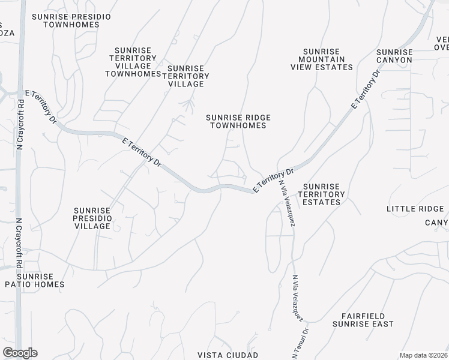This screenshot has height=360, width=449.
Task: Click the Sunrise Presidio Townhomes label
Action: [x=71, y=22]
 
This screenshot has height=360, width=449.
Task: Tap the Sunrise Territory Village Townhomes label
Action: [x=133, y=62]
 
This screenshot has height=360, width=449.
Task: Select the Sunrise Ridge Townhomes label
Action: [x=238, y=121]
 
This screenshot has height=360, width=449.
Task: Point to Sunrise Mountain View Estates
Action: [x=322, y=59]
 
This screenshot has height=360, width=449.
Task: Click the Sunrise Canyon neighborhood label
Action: [x=394, y=56]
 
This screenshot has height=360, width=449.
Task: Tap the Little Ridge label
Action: [x=415, y=209]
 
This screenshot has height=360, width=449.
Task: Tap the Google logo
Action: [x=20, y=353]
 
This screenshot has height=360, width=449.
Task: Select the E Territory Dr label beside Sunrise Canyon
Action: [x=366, y=90]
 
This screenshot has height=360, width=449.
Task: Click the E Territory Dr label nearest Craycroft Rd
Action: [x=41, y=107]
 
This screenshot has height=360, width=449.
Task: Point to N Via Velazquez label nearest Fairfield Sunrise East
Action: [x=298, y=298]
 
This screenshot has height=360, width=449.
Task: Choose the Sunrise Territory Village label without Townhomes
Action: [x=188, y=76]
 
